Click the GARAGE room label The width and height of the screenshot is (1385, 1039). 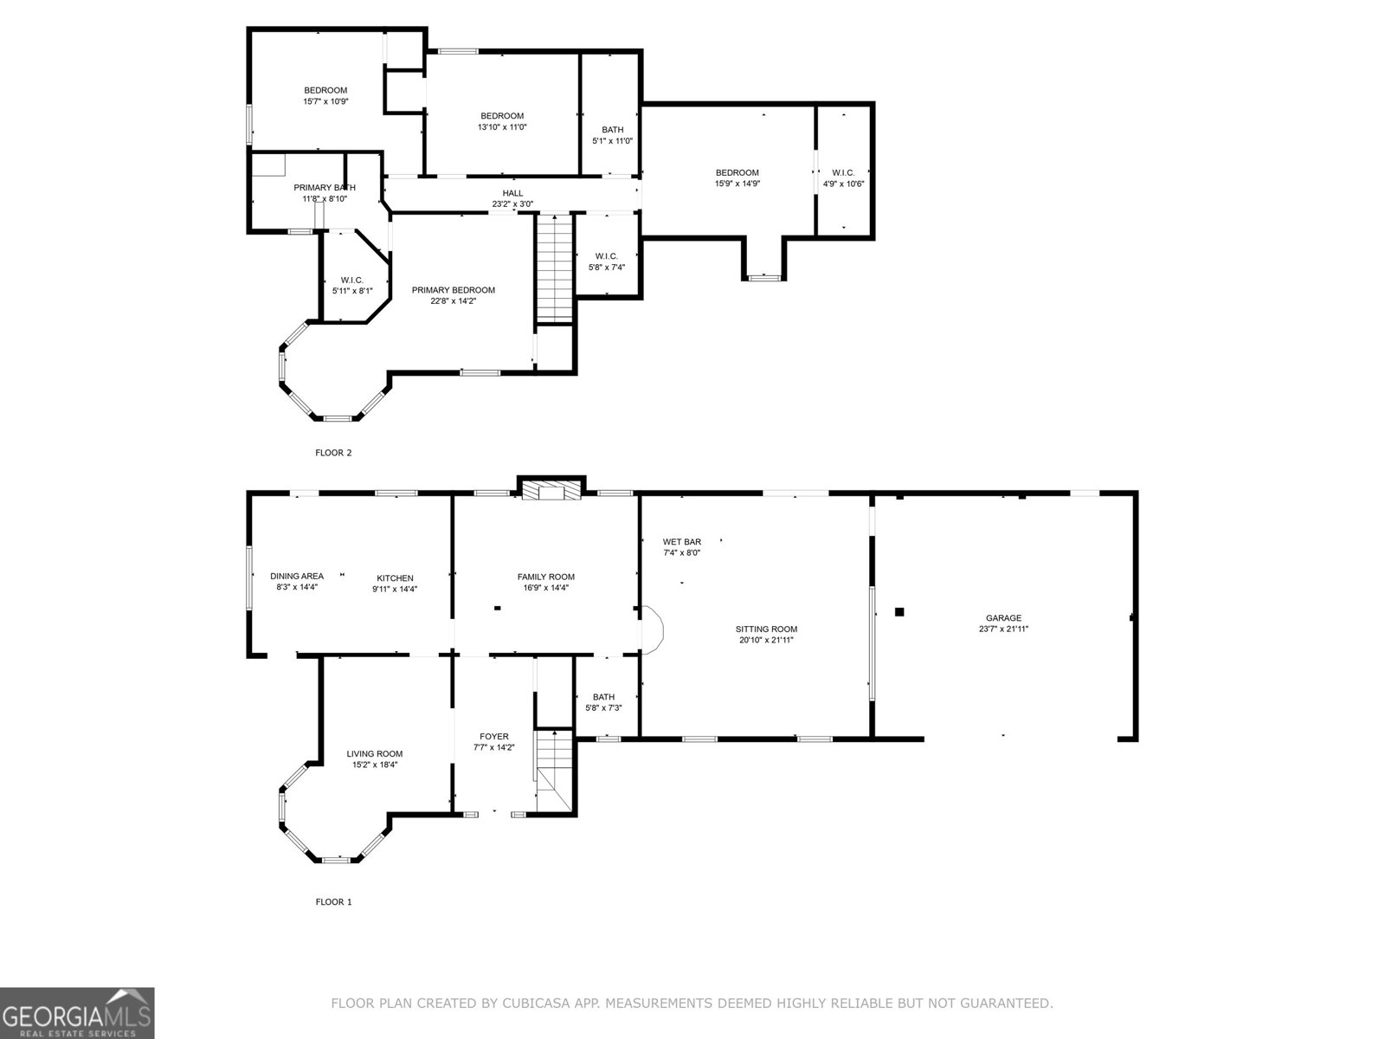[x=1003, y=618]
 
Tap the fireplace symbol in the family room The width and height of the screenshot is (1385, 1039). [x=551, y=492]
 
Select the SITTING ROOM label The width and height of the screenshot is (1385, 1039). [x=766, y=629]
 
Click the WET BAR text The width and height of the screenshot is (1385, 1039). [x=682, y=542]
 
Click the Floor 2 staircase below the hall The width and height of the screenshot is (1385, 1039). [x=554, y=268]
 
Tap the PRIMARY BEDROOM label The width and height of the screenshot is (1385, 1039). [x=453, y=290]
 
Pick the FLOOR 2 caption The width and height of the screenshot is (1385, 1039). [x=333, y=453]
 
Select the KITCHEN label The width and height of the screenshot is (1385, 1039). [x=395, y=578]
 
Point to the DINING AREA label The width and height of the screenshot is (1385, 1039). [x=297, y=576]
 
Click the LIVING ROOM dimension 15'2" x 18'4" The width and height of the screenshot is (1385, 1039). [x=375, y=765]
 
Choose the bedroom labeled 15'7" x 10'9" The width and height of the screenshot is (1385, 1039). [x=325, y=90]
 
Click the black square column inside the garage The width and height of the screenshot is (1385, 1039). [x=899, y=612]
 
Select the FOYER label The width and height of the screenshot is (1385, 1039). [x=494, y=737]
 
